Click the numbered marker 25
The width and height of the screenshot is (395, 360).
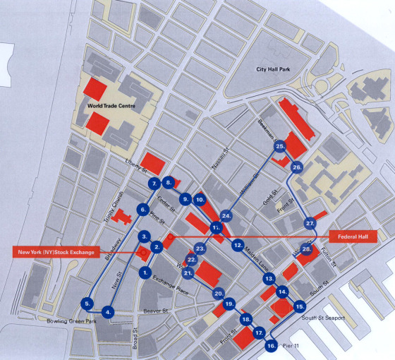click(x=280, y=146)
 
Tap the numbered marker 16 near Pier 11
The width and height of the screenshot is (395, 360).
click(x=272, y=346)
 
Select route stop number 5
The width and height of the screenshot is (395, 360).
click(x=87, y=303)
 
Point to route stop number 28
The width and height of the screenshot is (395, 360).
click(x=307, y=249)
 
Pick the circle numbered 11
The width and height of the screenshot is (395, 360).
click(x=216, y=227)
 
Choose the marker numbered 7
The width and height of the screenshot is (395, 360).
click(x=154, y=184)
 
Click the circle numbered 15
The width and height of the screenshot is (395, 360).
click(x=300, y=306)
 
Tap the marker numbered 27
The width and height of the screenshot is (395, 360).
click(x=310, y=223)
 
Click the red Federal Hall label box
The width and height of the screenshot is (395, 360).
click(x=355, y=235)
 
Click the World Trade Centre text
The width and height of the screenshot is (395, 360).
click(x=111, y=106)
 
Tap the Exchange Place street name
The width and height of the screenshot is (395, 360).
click(x=171, y=281)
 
